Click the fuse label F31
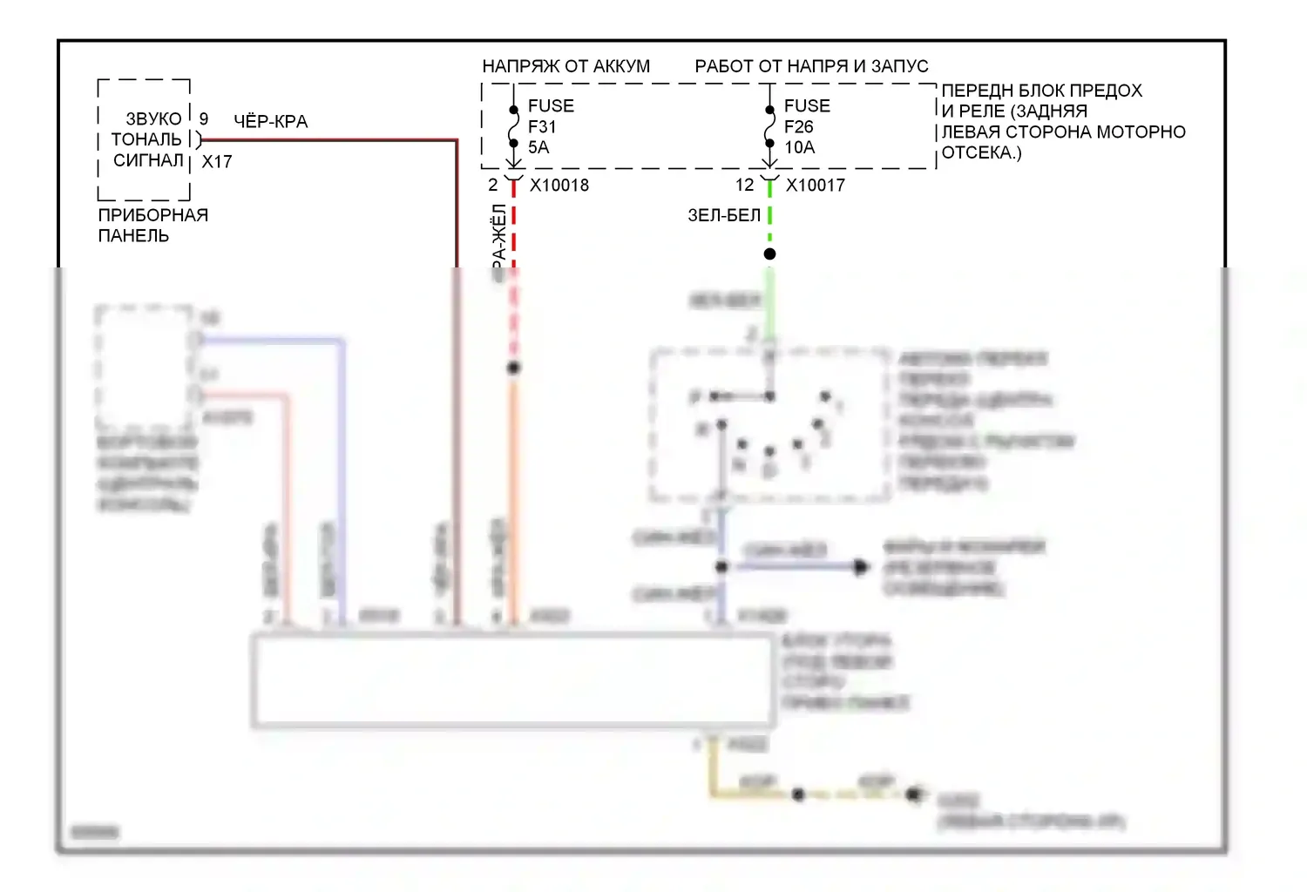(542, 126)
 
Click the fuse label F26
(798, 126)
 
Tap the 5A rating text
(538, 147)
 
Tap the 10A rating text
(799, 147)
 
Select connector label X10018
(559, 185)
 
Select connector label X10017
(816, 185)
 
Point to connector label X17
(217, 161)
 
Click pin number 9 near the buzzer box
(204, 118)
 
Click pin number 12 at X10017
(744, 185)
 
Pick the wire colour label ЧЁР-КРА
(270, 121)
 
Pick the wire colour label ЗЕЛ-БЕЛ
(724, 215)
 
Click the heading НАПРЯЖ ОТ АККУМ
(565, 66)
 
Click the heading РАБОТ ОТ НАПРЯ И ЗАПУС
(811, 66)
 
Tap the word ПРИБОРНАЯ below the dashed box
(152, 215)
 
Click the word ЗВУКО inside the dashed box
(153, 118)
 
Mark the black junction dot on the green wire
(769, 254)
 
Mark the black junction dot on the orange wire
(513, 368)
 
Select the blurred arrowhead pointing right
(861, 567)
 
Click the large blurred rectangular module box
(513, 680)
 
